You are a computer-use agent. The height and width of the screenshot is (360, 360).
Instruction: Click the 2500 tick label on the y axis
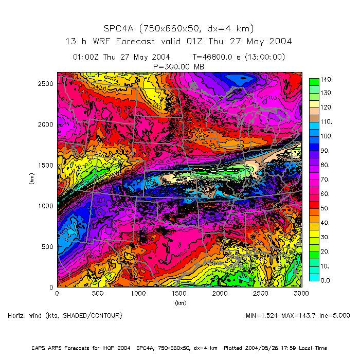pos(45,83)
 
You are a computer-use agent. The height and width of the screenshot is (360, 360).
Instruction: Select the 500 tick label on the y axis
pos(47,246)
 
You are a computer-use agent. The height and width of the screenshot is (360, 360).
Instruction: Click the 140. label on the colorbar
pos(328,79)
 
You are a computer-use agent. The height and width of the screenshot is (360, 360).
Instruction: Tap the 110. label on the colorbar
pos(328,122)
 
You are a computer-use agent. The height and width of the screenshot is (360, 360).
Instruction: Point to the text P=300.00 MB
pos(179,66)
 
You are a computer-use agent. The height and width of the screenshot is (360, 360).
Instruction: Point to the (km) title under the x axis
pos(180,303)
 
